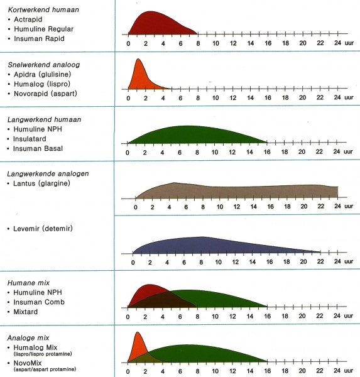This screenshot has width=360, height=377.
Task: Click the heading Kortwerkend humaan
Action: (x=43, y=9)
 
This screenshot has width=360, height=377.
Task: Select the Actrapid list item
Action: (x=28, y=19)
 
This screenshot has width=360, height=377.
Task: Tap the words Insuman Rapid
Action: (x=39, y=38)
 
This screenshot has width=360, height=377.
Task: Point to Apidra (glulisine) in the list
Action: (x=42, y=74)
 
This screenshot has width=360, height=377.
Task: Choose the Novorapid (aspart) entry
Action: (x=45, y=94)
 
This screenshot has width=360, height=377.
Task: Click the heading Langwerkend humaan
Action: (x=44, y=119)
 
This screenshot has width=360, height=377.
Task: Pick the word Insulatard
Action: (x=30, y=139)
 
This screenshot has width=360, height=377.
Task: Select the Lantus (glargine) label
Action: (x=41, y=183)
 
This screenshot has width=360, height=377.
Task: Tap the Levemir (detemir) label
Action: (x=43, y=229)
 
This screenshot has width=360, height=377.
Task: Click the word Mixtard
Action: (x=26, y=312)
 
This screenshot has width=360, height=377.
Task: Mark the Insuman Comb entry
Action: (x=39, y=302)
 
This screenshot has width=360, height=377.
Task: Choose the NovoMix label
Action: (x=28, y=363)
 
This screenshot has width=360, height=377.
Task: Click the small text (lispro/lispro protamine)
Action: (x=43, y=354)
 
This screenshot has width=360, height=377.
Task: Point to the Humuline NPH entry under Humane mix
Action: (x=38, y=292)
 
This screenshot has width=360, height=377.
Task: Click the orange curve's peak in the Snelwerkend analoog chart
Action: (x=138, y=59)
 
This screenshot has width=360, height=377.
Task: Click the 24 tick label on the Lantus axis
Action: (x=337, y=206)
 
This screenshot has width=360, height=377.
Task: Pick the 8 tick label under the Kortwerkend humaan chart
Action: (x=198, y=43)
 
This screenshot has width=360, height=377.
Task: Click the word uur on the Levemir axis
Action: (x=349, y=261)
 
